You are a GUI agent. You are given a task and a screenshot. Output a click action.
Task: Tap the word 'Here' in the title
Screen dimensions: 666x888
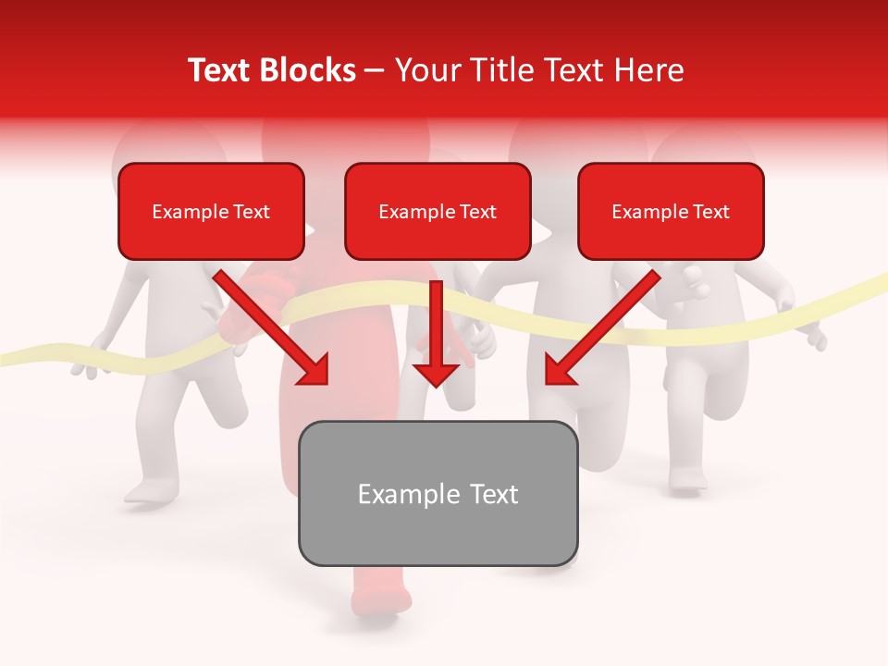(x=647, y=70)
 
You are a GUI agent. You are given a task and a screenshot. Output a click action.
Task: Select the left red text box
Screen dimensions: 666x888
(x=211, y=211)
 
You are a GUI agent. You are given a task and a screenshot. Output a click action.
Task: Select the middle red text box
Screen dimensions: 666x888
(x=438, y=211)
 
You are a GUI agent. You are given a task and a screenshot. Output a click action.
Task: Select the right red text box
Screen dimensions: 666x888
(x=671, y=211)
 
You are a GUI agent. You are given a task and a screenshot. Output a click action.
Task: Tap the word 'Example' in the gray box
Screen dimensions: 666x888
(x=396, y=494)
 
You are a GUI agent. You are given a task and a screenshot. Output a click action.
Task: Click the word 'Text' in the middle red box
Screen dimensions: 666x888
(x=478, y=212)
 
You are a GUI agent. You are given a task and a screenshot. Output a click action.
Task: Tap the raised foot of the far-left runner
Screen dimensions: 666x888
(x=148, y=490)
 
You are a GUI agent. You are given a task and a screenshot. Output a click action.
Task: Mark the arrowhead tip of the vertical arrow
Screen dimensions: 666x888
(x=436, y=385)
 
